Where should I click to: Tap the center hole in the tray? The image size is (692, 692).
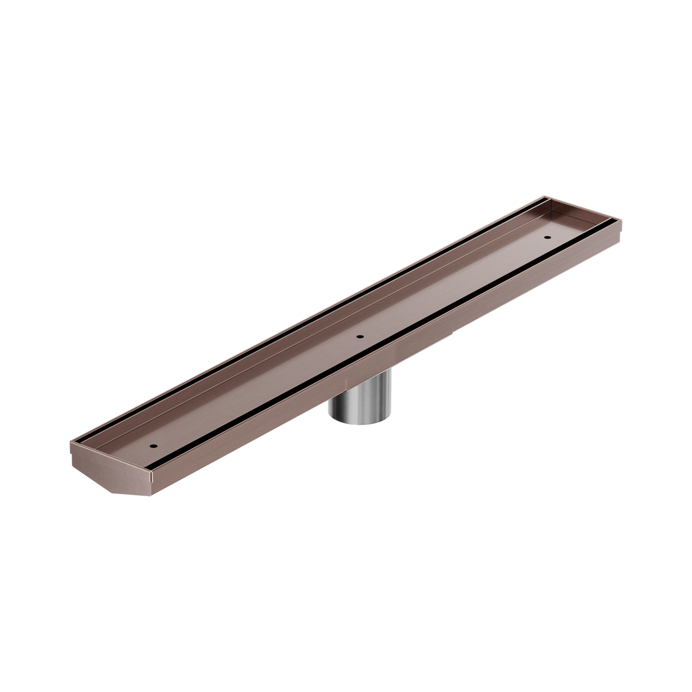pos(360,336)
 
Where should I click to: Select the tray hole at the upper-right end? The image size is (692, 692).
pos(546,237)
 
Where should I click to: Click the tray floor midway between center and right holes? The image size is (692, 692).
pos(453,287)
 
